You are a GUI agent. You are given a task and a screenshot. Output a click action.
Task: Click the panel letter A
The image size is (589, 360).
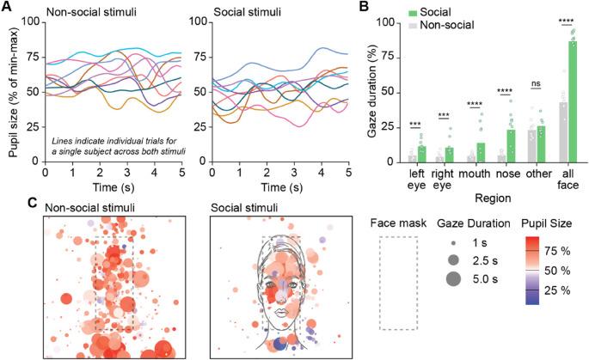[x=9, y=8]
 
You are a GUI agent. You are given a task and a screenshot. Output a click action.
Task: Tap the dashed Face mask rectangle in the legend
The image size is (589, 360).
[x=397, y=283]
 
